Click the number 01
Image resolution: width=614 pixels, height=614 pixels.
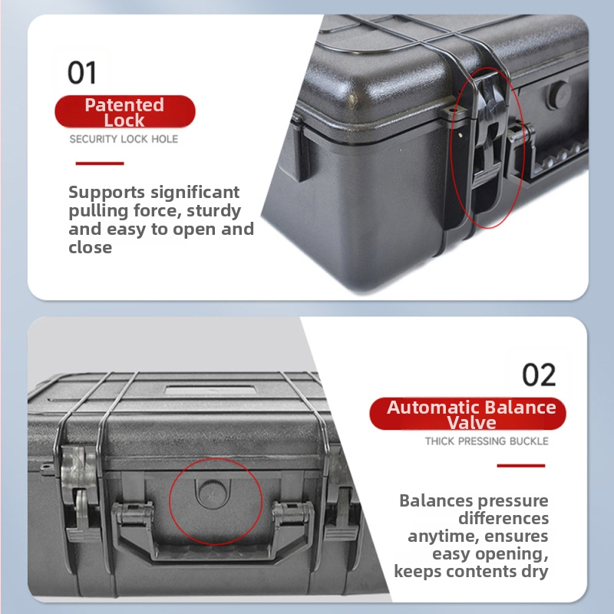tap(82, 72)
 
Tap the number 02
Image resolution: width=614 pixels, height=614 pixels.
tap(539, 375)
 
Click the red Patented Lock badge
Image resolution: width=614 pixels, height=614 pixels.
tap(125, 111)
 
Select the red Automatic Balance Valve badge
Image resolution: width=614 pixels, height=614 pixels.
tap(467, 414)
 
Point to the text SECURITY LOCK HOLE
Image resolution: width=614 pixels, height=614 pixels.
tap(124, 139)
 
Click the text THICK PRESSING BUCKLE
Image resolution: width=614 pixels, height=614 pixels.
tap(487, 441)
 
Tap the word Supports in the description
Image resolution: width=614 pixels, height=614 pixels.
tap(107, 193)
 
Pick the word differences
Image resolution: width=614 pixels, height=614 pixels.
tap(503, 519)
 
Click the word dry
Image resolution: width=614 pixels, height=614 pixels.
tap(534, 572)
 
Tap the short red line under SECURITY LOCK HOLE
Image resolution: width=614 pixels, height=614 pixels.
tap(100, 163)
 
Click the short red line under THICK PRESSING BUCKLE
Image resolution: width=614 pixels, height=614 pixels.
tap(521, 466)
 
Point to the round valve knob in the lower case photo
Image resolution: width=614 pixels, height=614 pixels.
tap(212, 494)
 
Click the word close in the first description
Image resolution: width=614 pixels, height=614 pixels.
tap(91, 248)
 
